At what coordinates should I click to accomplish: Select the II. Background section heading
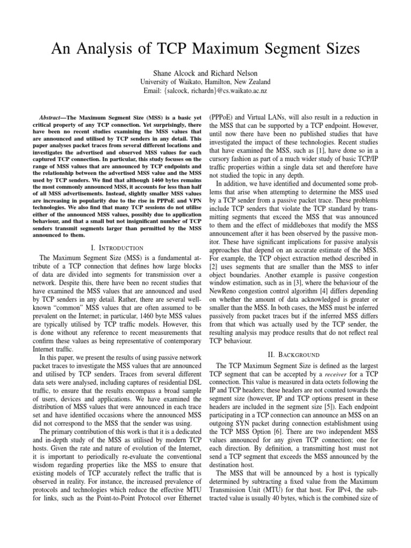(297, 355)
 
